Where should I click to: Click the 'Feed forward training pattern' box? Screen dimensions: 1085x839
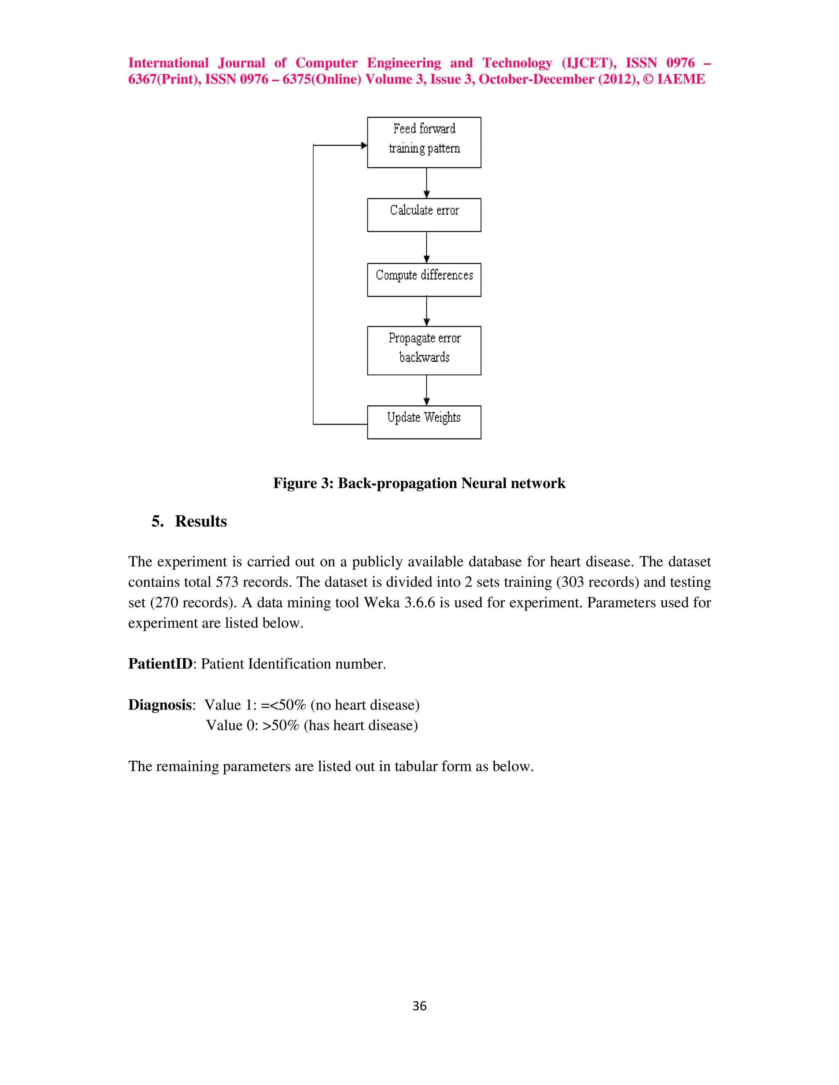tap(424, 142)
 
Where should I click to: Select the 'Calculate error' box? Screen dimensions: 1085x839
tap(424, 215)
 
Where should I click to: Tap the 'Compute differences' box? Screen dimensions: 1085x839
tap(424, 280)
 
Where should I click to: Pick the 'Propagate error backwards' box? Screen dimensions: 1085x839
tap(424, 350)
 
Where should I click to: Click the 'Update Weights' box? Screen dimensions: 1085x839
tap(424, 422)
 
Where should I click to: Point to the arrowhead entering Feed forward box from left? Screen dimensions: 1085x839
tap(364, 145)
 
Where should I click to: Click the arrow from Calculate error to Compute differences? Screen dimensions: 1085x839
tap(426, 247)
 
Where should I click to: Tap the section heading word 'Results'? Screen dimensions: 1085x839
tap(201, 521)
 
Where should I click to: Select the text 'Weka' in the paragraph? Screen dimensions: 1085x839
tap(382, 602)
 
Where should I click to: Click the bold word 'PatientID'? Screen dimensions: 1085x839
tap(160, 664)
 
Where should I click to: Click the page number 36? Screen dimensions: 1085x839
tap(419, 1006)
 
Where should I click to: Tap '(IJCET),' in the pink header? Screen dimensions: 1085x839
tap(589, 63)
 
